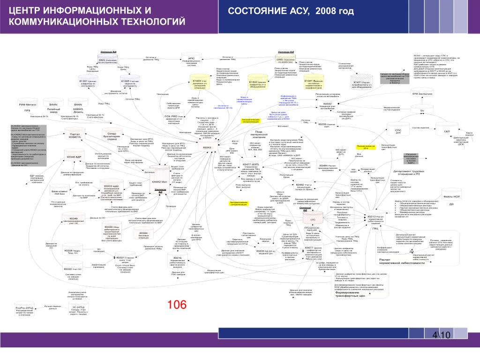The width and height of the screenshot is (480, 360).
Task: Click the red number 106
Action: pyautogui.click(x=178, y=305)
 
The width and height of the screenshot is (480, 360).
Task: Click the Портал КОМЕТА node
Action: pyautogui.click(x=75, y=136)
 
